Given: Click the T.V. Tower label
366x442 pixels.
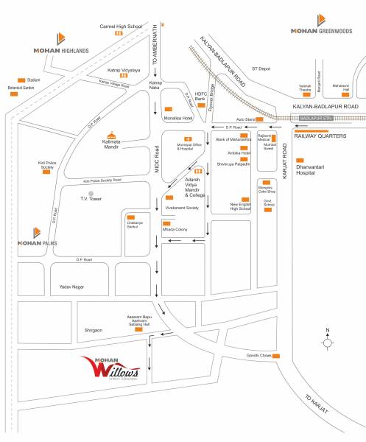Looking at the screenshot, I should point(94,200).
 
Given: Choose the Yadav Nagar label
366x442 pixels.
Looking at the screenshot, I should point(64,286).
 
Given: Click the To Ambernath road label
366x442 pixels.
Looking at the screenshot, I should point(155,46).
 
